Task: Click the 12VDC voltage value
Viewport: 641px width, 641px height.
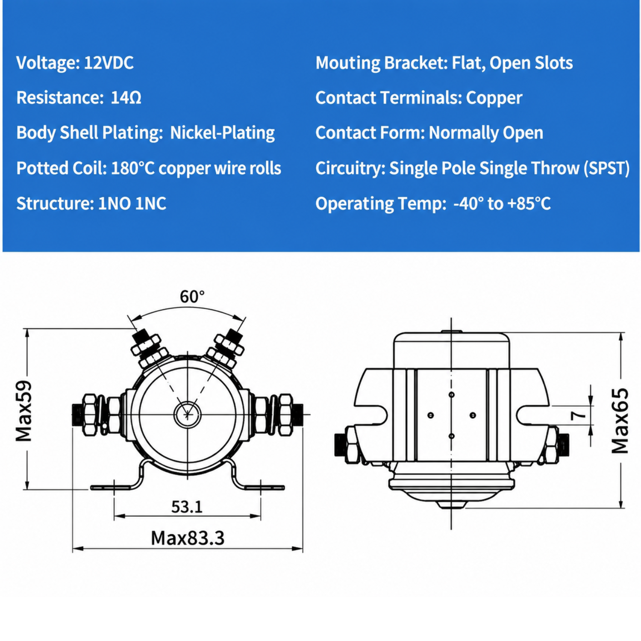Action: (x=109, y=63)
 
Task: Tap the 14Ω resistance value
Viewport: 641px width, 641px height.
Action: (x=126, y=98)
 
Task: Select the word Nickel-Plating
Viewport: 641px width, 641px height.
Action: (x=222, y=133)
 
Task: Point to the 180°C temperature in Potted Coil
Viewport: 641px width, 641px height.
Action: (x=132, y=168)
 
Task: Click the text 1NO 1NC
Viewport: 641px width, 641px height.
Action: (x=132, y=203)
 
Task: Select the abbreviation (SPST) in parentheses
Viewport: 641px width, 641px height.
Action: (x=607, y=168)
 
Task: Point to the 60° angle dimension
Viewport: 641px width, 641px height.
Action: (x=192, y=296)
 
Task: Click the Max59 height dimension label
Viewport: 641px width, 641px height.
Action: (x=24, y=411)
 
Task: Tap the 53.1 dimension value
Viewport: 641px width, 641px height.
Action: (x=187, y=507)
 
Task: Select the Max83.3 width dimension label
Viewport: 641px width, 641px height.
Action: (x=188, y=538)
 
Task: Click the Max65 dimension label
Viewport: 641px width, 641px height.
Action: (x=620, y=421)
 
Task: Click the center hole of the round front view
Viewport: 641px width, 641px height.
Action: (x=187, y=414)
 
